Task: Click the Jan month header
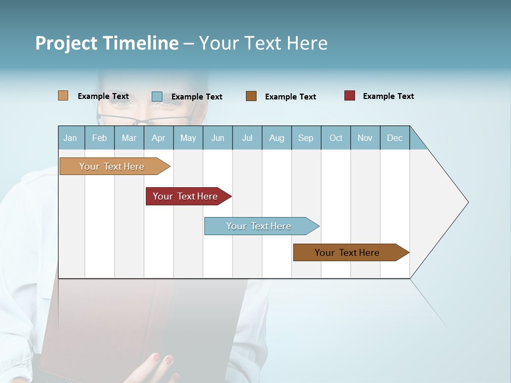coord(70,138)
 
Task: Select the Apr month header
coord(159,138)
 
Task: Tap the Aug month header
coord(277,138)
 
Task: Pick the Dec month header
coord(394,138)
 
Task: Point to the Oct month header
coord(336,138)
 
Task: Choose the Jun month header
coord(218,138)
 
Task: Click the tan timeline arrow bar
coord(112,166)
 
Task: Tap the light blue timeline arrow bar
coord(259,226)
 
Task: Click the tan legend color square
coord(63,96)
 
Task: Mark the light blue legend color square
coord(156,96)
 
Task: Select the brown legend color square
coord(251,96)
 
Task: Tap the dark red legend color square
coord(349,96)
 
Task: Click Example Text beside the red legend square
coord(388,96)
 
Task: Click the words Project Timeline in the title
coord(106,43)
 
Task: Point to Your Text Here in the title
coord(263,43)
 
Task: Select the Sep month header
coord(306,138)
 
